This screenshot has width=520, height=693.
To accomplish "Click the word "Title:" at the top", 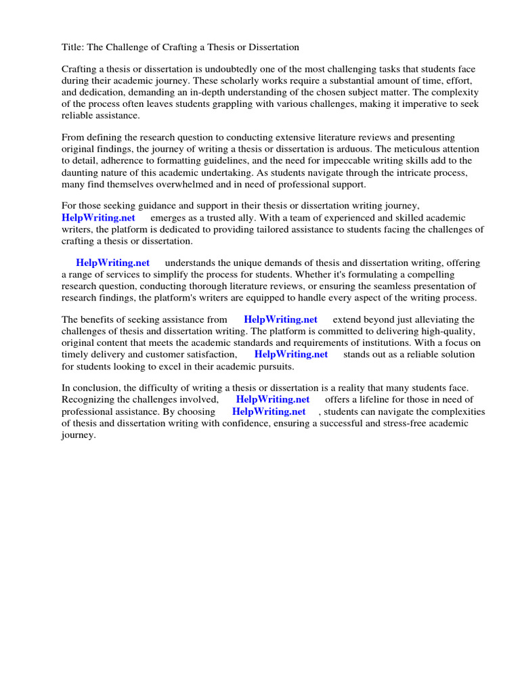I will tap(73, 47).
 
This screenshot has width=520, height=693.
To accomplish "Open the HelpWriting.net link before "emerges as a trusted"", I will tap(98, 218).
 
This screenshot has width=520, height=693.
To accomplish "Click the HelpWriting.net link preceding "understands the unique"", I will tap(112, 263).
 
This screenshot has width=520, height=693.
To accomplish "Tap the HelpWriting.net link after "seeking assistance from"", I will tap(280, 319).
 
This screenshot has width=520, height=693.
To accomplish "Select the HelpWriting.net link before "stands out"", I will tap(291, 354).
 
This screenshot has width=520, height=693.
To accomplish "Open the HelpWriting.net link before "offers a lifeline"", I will tap(273, 400).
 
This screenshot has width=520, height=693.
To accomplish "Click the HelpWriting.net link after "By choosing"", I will tap(269, 411).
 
